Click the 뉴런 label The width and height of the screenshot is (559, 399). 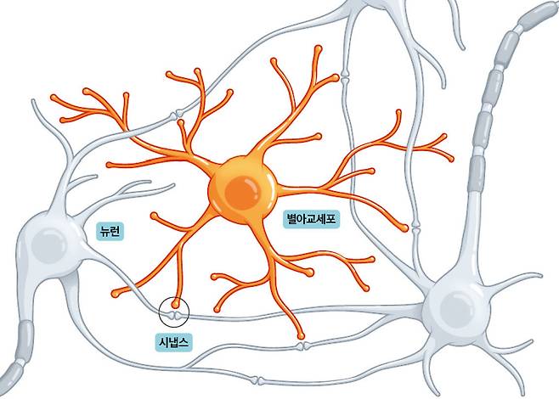[x=110, y=232]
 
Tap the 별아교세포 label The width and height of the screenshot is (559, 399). [x=311, y=219]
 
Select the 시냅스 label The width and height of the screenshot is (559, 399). [x=173, y=342]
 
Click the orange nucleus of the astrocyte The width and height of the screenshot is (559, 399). [x=243, y=194]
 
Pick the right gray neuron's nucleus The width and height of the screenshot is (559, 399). [x=457, y=310]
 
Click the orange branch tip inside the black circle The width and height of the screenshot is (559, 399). [x=175, y=304]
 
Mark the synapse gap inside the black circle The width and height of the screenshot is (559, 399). [x=174, y=316]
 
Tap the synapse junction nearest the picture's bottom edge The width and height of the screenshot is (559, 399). [x=257, y=380]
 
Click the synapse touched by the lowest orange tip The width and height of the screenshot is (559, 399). [x=302, y=346]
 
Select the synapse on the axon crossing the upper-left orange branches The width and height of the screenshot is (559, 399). [x=177, y=115]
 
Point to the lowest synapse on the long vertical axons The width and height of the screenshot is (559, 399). [x=415, y=226]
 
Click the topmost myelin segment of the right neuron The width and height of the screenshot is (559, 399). [x=539, y=15]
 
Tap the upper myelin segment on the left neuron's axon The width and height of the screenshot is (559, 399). [x=25, y=339]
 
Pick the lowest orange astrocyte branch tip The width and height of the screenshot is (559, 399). [x=302, y=335]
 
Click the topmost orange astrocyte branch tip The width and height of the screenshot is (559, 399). [x=318, y=48]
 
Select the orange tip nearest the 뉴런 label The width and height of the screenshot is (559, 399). [x=155, y=216]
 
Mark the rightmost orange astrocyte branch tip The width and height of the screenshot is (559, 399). [x=451, y=159]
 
